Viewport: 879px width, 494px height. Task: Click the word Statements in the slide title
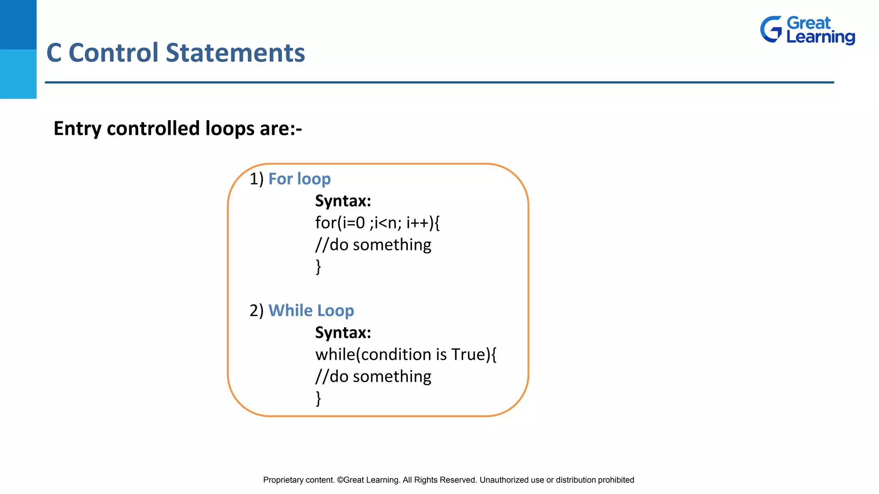(x=235, y=53)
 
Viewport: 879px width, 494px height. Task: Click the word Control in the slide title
(x=113, y=53)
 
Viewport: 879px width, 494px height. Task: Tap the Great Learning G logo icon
(x=771, y=30)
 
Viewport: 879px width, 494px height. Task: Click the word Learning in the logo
(x=820, y=37)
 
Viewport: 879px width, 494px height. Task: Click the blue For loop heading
(x=299, y=179)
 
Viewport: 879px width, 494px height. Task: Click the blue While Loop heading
(x=311, y=310)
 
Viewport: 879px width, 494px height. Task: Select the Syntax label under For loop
(x=343, y=201)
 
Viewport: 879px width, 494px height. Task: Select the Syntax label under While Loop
(x=343, y=332)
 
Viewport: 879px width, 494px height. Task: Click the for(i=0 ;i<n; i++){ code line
(x=377, y=223)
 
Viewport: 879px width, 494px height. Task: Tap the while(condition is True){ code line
(x=406, y=355)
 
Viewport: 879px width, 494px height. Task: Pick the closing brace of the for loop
(x=318, y=267)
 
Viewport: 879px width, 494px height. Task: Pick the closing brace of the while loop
(x=318, y=398)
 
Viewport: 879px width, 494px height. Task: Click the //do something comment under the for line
(x=373, y=245)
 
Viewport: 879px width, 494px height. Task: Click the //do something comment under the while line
(x=373, y=377)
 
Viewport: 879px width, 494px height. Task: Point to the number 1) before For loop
(x=256, y=179)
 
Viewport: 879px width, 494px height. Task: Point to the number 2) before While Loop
(x=256, y=310)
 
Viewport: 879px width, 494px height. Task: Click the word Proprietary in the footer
(x=283, y=480)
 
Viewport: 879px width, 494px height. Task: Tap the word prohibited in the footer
(x=616, y=480)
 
